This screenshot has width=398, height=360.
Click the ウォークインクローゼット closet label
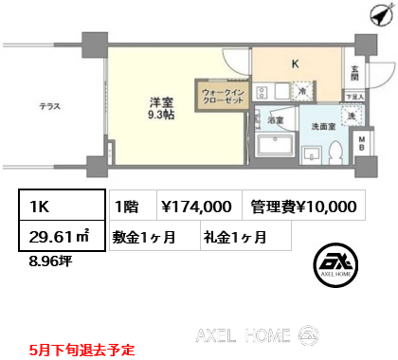pos(221,98)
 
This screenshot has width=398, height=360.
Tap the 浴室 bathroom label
pos(275,122)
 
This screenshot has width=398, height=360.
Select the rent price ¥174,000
pos(196,206)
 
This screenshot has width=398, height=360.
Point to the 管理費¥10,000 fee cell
pos(305,206)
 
